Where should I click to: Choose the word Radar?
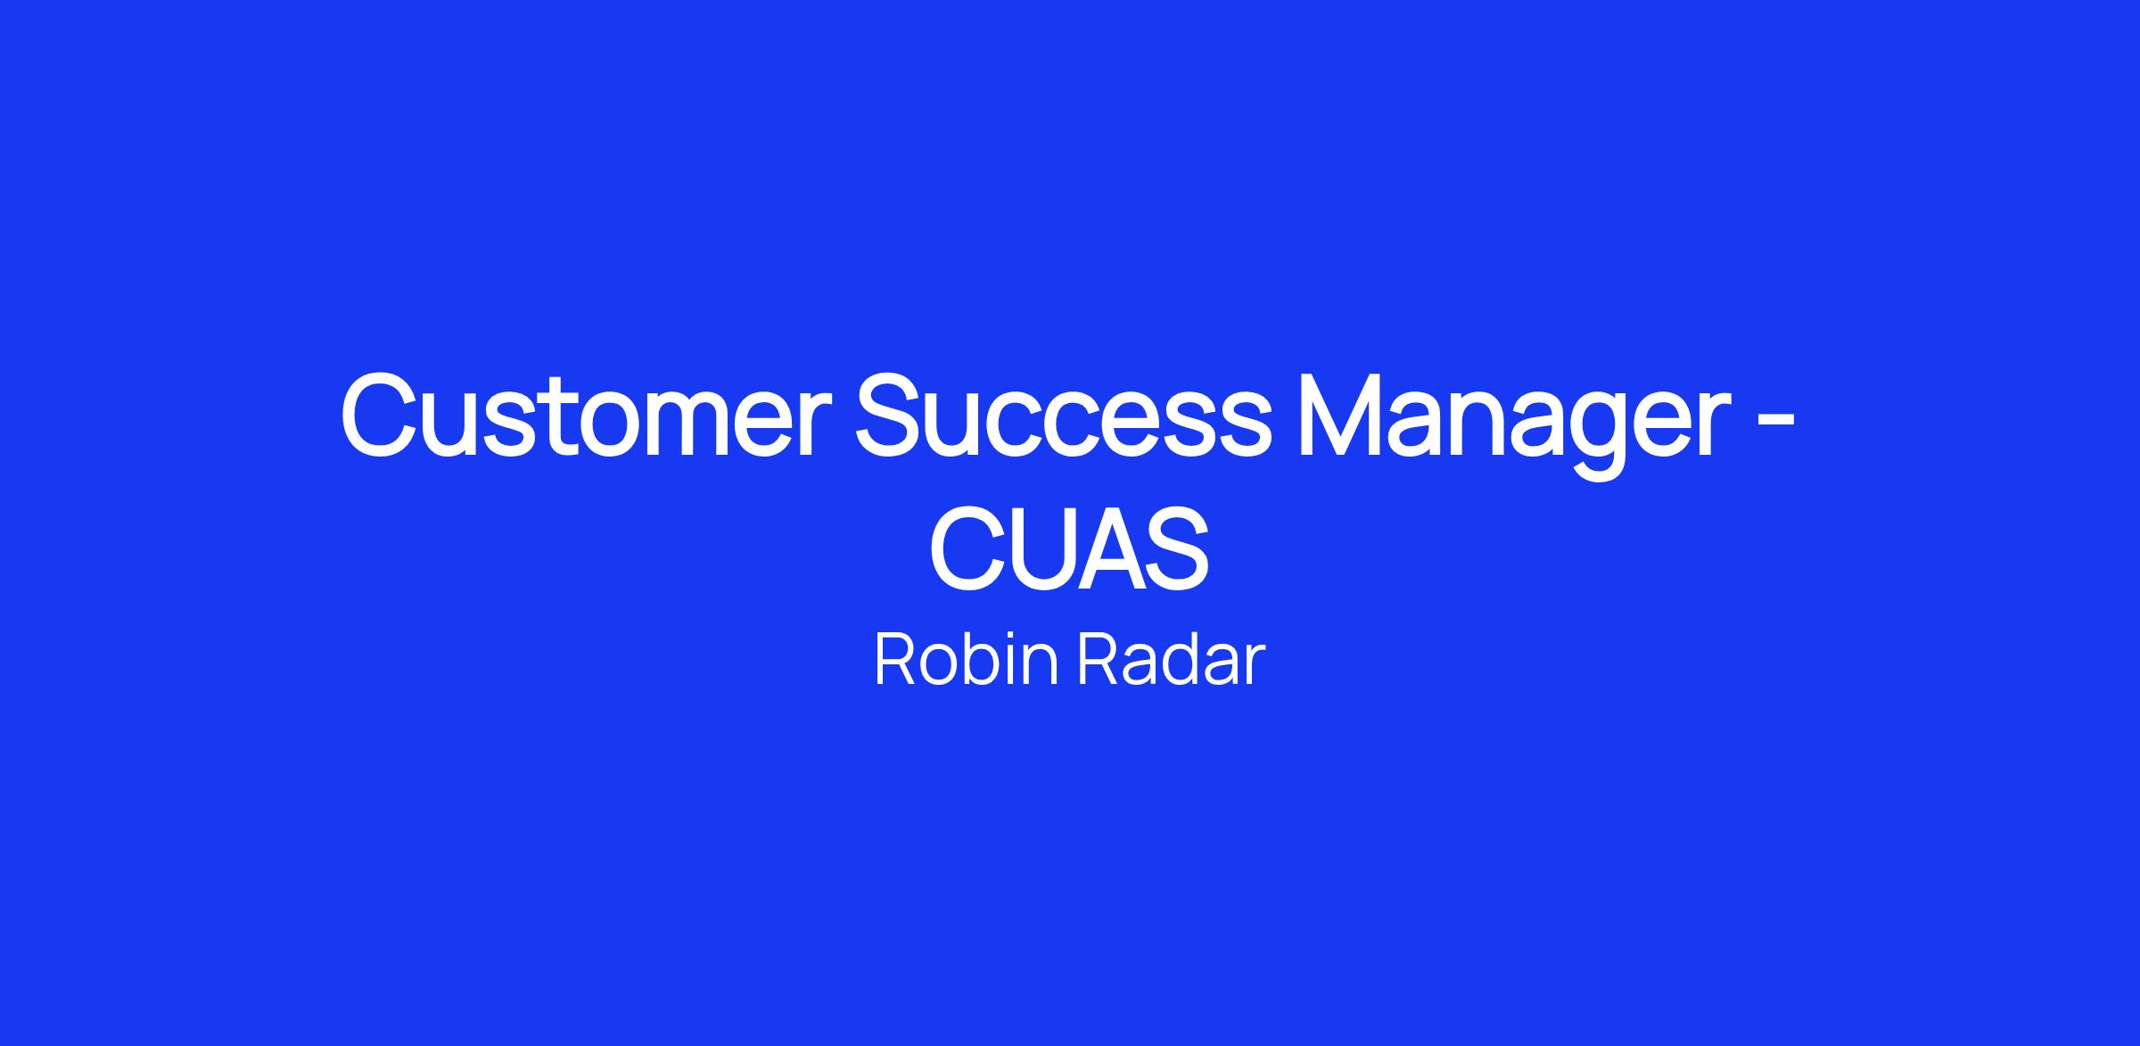pos(1171,660)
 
